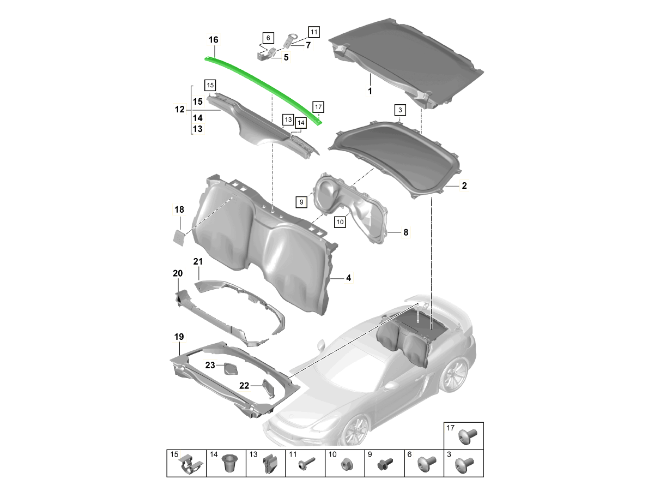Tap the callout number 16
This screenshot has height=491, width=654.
tap(213, 40)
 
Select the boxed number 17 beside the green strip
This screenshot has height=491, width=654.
tap(318, 107)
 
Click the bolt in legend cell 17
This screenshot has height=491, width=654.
tap(468, 437)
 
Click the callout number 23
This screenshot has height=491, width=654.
tap(210, 365)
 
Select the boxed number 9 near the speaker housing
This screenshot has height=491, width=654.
tap(301, 202)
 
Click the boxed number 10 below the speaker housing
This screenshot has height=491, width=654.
tap(340, 222)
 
